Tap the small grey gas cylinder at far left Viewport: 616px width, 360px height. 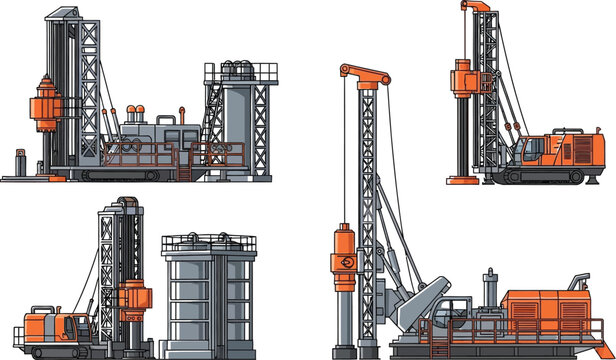pos(19,161)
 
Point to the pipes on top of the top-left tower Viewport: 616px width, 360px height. pos(239,69)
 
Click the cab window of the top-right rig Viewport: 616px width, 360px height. pos(526,151)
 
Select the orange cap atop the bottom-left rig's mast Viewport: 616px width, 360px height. pos(126,203)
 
